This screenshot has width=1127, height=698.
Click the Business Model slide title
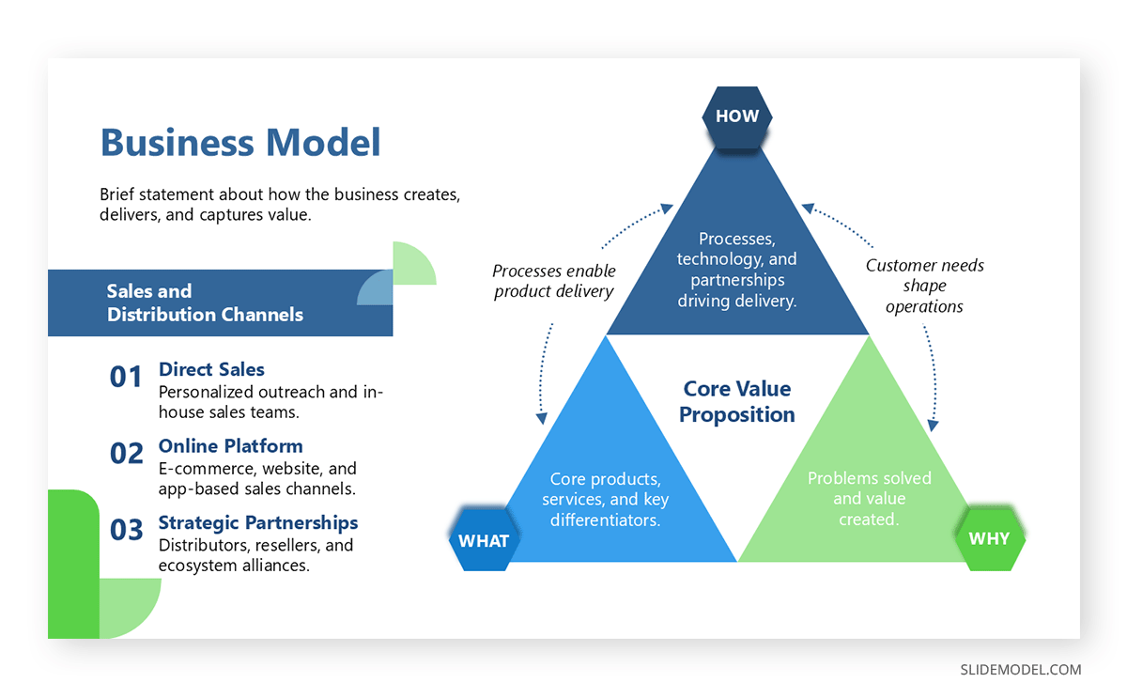240,143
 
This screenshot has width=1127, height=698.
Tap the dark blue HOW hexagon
737,117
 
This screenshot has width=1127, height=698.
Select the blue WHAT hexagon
484,540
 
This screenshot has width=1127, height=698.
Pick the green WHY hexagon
989,538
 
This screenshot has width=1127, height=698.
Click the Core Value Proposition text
737,401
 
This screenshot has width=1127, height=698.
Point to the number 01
126,378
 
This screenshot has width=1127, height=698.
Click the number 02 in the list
126,454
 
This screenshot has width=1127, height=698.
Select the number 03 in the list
126,531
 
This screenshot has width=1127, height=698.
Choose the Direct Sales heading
211,369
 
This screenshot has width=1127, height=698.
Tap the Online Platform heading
230,445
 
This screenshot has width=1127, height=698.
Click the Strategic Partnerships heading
258,522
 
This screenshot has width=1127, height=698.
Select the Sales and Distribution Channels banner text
205,302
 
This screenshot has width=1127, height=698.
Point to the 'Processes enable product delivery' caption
553,281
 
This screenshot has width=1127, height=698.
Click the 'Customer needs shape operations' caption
924,286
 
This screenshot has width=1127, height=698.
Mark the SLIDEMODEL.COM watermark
1020,670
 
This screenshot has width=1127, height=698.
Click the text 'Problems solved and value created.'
869,498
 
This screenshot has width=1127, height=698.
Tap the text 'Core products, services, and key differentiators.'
606,499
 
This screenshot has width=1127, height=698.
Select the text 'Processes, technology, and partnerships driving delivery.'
737,270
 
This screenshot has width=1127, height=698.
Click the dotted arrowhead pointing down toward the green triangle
932,425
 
